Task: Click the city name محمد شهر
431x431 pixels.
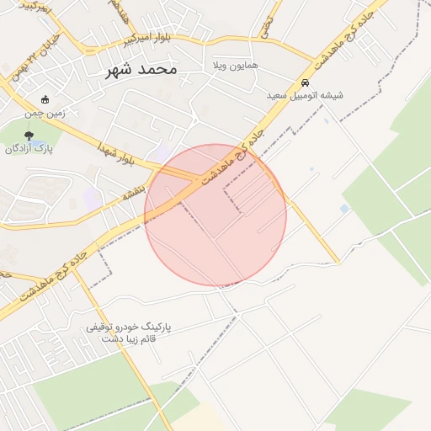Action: coord(141,69)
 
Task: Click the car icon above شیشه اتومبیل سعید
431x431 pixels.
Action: coord(305,83)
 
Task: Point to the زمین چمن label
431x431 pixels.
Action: coord(45,112)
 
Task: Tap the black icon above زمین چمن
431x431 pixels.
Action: coord(45,99)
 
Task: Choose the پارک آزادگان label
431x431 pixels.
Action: coord(29,149)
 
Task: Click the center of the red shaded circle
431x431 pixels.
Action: coord(215,215)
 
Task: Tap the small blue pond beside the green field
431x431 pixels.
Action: coord(344,208)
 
